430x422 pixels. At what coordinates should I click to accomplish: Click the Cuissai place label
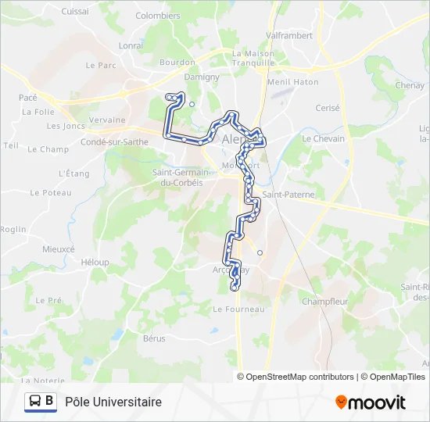tap(75, 12)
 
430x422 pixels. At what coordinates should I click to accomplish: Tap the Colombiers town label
tap(158, 16)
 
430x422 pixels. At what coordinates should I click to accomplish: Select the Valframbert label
tap(289, 36)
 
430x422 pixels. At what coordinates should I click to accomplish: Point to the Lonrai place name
tap(131, 46)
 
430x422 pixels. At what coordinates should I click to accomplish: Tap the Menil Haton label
tap(293, 81)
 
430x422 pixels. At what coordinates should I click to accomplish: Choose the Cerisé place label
tap(327, 109)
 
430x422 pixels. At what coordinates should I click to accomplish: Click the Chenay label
tap(410, 85)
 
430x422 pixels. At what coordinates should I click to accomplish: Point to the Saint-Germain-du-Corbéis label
tap(177, 177)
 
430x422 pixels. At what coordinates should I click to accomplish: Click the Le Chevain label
tap(323, 138)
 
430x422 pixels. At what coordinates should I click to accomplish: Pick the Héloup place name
tap(95, 263)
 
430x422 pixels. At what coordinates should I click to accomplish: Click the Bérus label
tap(154, 338)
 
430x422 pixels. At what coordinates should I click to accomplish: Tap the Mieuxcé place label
tap(59, 249)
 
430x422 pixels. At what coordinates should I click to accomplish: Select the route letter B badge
tap(50, 402)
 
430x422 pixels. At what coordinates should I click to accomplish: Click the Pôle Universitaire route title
tap(114, 402)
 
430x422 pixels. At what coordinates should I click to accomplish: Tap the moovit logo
tap(371, 402)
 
